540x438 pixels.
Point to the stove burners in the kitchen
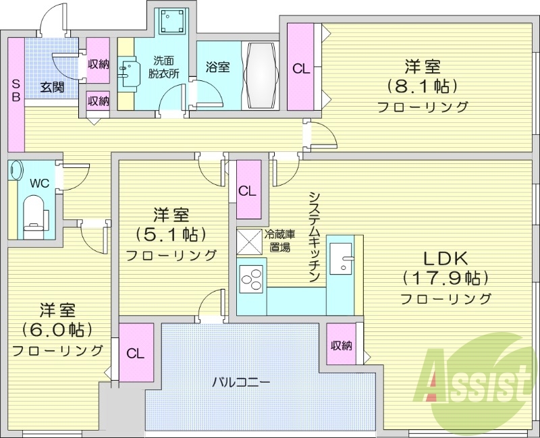pos(252,279)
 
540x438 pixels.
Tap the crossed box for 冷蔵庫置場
pos(249,241)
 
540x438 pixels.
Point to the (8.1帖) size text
pos(423,86)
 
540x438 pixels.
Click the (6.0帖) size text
pos(57,330)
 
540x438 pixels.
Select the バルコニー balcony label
pos(241,382)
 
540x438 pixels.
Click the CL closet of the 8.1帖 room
pos(302,67)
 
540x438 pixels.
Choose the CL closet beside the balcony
pos(136,353)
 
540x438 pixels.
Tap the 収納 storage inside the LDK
pos(342,346)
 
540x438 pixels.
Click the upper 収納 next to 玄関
pos(99,64)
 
